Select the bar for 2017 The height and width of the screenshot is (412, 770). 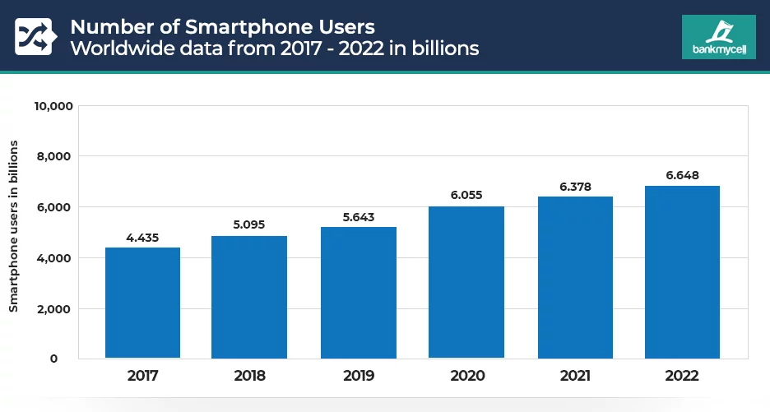point(142,303)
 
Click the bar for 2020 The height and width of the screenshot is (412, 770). point(466,282)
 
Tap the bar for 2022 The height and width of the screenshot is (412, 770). point(682,271)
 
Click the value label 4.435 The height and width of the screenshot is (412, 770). point(142,238)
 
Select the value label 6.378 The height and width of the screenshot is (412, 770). point(575,187)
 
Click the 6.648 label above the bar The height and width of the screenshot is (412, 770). point(682,175)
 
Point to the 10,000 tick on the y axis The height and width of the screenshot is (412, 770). point(53,105)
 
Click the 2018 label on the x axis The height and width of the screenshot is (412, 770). point(248,376)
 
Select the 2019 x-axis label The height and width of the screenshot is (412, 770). point(358,376)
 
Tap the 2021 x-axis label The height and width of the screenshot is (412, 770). point(575,376)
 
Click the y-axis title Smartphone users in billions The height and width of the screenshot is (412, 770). point(13,225)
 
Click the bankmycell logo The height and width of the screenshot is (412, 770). point(718,37)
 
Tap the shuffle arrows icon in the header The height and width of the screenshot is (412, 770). point(34,36)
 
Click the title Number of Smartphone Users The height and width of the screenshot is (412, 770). point(222,25)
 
